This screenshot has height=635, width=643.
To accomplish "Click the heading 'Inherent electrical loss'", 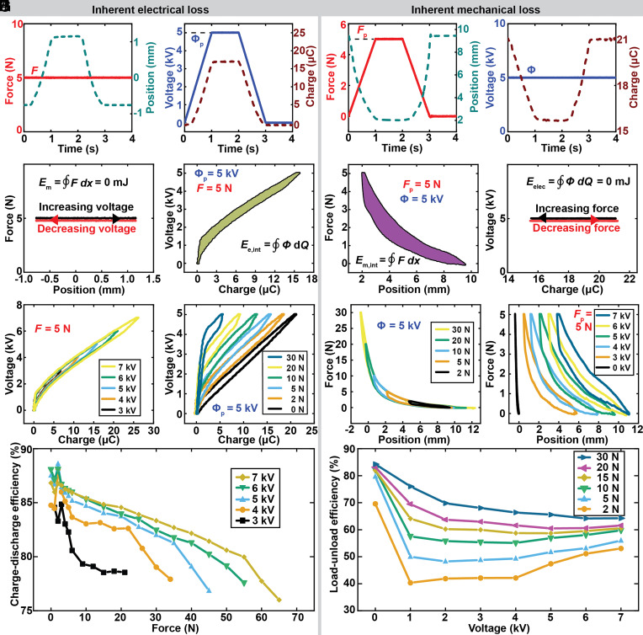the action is [150, 9].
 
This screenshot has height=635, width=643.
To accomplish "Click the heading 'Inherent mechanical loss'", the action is [476, 9].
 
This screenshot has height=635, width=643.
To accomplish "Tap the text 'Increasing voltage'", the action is [86, 207].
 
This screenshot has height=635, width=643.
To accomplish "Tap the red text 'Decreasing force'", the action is [577, 228].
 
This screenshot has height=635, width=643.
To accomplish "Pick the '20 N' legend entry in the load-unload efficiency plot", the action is [599, 467].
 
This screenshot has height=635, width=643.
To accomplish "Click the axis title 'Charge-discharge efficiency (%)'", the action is [15, 525].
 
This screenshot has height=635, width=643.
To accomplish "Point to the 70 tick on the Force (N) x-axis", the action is [297, 617].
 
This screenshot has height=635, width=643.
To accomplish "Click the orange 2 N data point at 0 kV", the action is [375, 504].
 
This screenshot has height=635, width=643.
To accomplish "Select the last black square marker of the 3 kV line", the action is [125, 572].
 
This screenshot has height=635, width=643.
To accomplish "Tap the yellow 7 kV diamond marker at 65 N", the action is [279, 600].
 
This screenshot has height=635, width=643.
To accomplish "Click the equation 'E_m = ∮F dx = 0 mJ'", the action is [83, 182].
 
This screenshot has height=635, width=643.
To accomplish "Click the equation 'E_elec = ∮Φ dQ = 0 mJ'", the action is [578, 181].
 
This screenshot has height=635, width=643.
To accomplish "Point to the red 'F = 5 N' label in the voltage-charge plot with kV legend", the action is [52, 328].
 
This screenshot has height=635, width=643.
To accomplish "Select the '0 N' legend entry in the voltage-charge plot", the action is [286, 409].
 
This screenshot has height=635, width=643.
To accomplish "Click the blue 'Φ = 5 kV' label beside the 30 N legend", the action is [399, 326].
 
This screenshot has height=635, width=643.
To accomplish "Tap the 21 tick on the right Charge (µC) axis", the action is [622, 40].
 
